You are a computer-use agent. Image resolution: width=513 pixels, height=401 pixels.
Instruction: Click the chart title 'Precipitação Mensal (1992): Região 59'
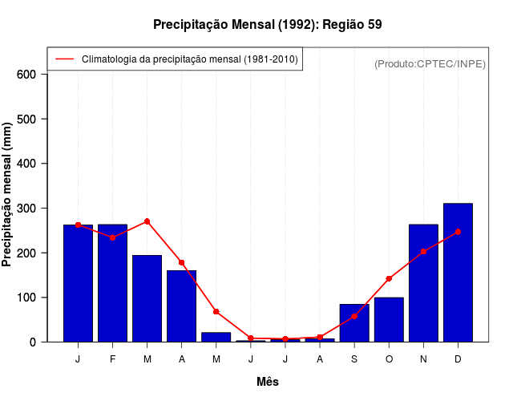point(267,25)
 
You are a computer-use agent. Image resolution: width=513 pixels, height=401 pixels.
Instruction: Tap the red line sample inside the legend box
point(65,59)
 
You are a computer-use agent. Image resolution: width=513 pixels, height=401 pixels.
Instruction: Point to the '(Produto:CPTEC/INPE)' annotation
point(430,64)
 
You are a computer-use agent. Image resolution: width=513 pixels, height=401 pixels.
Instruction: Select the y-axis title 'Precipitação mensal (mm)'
point(7,195)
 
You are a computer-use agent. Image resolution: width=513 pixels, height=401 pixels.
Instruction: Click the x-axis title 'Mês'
point(268,382)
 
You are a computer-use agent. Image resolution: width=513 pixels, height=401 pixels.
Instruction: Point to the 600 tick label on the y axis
point(26,75)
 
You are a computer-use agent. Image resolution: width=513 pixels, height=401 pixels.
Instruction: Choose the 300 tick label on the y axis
point(26,209)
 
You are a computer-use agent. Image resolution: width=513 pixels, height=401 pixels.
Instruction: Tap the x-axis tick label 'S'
point(354,359)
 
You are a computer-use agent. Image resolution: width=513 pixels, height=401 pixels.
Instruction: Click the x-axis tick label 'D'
point(458,359)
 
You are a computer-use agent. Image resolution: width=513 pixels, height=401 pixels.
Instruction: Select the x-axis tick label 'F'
point(113,359)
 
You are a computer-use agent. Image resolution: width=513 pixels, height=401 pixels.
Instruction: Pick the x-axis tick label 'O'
point(389,359)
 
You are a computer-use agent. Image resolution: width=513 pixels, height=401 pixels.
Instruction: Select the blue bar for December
point(458,273)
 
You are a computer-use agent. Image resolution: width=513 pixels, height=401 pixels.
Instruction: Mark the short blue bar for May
point(216,337)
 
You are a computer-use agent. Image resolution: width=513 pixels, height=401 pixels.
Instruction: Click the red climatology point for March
point(147,221)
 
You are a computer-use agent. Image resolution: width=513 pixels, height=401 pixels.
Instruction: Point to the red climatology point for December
point(458,232)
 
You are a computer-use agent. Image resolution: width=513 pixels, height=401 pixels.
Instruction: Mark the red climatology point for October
point(389,278)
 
